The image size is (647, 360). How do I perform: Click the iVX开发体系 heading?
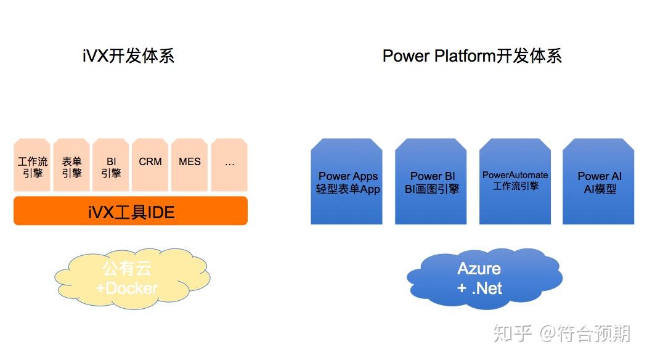(128, 56)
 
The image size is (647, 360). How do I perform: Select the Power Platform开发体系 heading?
(472, 56)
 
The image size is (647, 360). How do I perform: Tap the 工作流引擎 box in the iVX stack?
(32, 166)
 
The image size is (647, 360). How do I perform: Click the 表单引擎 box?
(71, 166)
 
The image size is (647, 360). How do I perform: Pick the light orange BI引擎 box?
(111, 166)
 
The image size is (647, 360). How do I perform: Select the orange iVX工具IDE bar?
(131, 211)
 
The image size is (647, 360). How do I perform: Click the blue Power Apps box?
(348, 182)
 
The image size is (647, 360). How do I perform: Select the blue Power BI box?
(432, 182)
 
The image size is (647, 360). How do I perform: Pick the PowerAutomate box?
(515, 182)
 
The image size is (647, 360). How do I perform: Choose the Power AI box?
(599, 182)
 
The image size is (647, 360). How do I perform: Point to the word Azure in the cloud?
(479, 269)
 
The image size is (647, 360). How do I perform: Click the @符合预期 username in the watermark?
(585, 334)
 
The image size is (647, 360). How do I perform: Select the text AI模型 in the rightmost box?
(600, 189)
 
